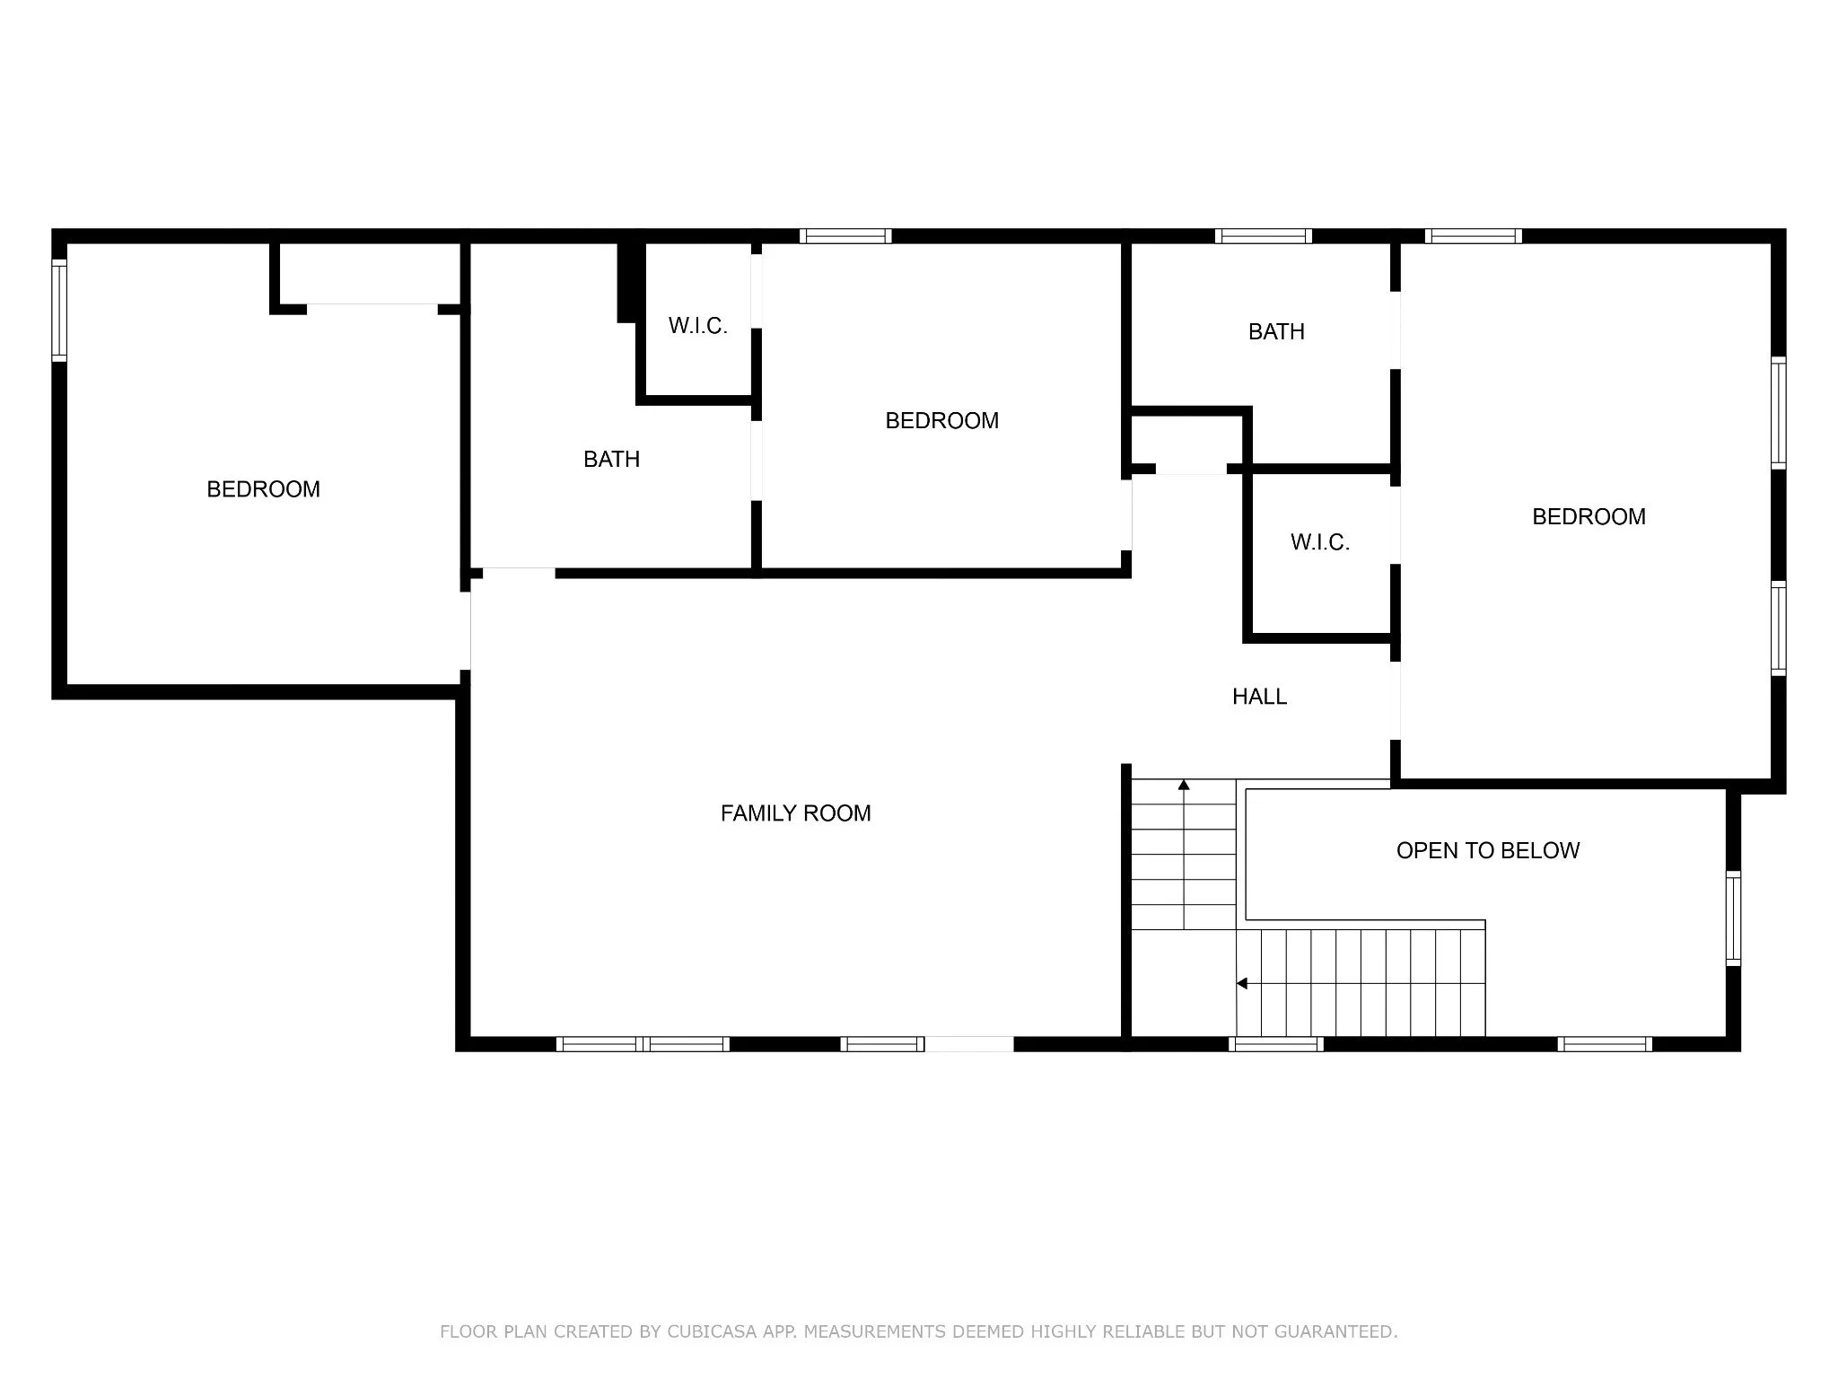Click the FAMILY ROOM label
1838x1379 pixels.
tap(795, 813)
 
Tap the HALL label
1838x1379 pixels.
tap(1259, 697)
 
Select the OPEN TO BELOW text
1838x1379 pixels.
tap(1488, 851)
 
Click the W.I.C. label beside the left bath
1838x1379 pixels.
tap(697, 326)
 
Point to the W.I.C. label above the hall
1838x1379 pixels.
tap(1320, 542)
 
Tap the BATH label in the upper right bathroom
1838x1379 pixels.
tap(1276, 332)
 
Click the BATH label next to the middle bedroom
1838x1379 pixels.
tap(611, 460)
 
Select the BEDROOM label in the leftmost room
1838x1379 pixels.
tap(263, 489)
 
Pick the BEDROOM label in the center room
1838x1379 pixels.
tap(941, 421)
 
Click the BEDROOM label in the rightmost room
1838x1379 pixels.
tap(1589, 517)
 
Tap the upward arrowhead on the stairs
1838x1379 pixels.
tap(1184, 786)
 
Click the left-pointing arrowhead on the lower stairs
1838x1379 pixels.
tap(1242, 984)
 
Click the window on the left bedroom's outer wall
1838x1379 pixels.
tap(59, 310)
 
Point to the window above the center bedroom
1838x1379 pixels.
tap(845, 236)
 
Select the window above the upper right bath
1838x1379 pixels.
tap(1264, 236)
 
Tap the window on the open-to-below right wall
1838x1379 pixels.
tap(1734, 918)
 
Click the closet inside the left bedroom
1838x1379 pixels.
tap(371, 274)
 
